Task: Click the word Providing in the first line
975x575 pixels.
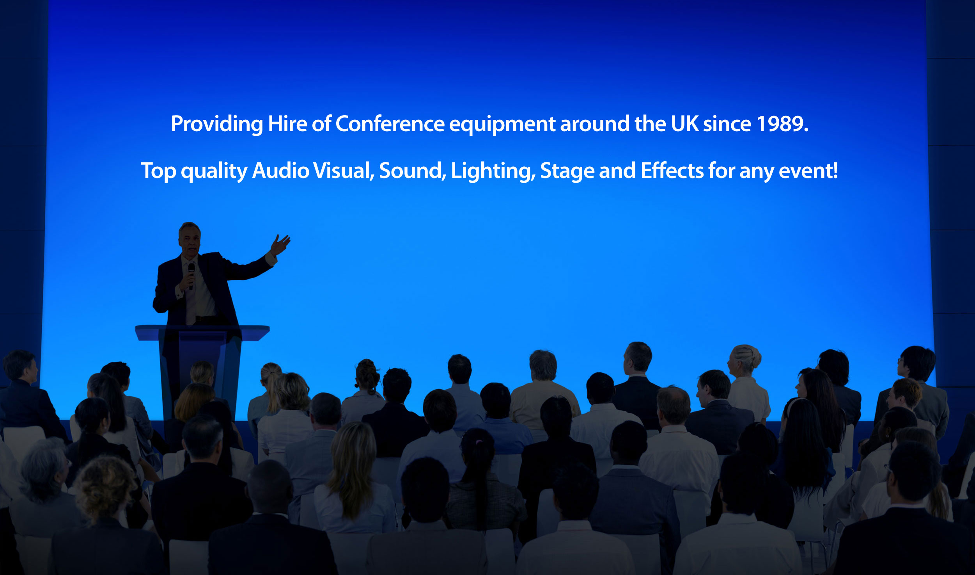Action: (217, 125)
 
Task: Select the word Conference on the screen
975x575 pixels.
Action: (390, 124)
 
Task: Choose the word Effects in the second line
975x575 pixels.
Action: (672, 171)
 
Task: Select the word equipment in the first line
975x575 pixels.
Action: (502, 125)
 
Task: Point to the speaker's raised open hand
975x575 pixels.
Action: (280, 244)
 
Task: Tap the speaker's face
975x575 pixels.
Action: (190, 240)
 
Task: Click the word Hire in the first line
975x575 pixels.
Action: (287, 124)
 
